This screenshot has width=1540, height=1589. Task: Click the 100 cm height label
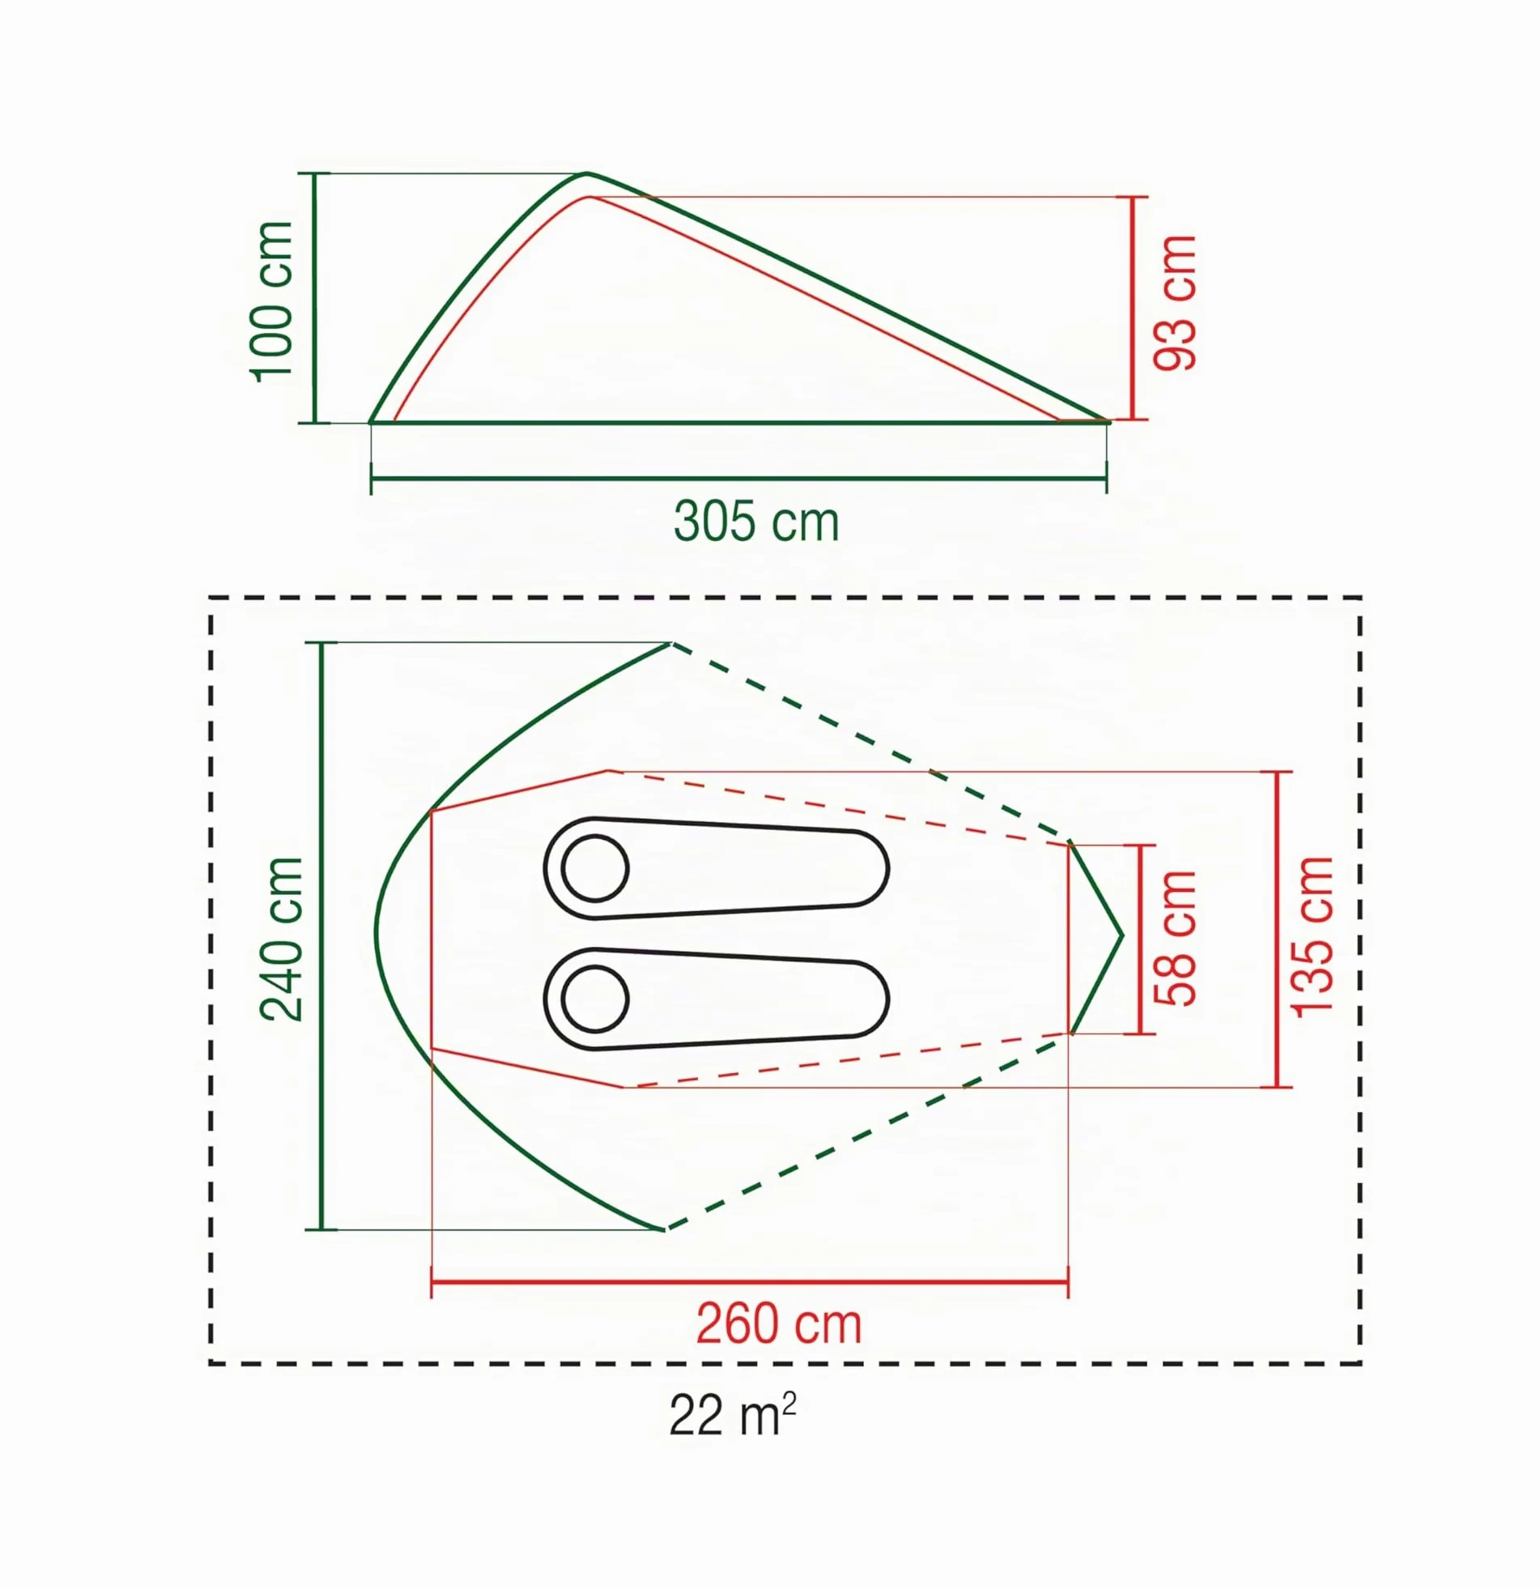pyautogui.click(x=271, y=300)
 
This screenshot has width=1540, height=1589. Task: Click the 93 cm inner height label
pyautogui.click(x=1176, y=302)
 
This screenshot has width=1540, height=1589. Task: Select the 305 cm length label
pyautogui.click(x=756, y=522)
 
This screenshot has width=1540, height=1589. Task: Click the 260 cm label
pyautogui.click(x=779, y=1324)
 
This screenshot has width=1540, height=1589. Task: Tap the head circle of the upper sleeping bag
pyautogui.click(x=595, y=868)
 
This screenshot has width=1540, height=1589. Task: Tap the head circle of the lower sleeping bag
pyautogui.click(x=595, y=999)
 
